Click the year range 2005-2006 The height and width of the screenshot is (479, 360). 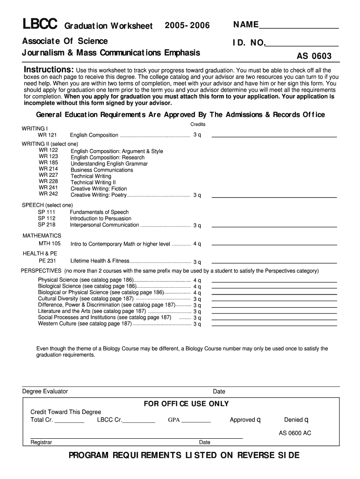pos(187,25)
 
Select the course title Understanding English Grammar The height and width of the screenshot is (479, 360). pos(109,164)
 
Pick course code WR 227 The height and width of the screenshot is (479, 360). pos(48,175)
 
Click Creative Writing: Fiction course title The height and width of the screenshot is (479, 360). pos(99,189)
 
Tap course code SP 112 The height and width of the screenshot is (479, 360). pos(46,218)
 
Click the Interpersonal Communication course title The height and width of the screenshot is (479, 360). pos(104,225)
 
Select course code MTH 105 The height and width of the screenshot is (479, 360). pos(49,244)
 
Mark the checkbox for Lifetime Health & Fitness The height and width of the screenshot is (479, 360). pos(200,262)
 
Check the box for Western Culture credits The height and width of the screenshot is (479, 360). pos(200,324)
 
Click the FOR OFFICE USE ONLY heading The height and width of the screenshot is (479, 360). pos(186,404)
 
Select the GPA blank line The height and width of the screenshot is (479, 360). pos(196,421)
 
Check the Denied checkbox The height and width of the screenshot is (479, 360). pos(306,420)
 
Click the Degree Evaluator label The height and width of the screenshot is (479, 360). pos(45,391)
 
